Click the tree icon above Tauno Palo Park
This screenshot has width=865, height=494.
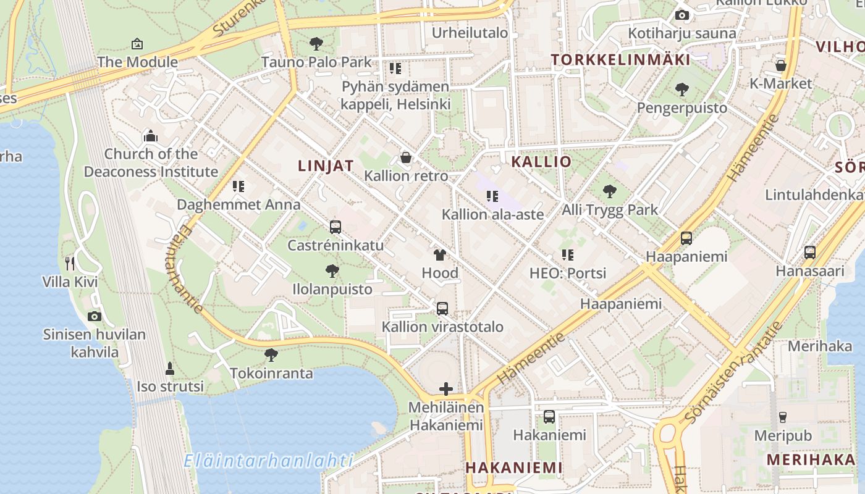click(x=316, y=44)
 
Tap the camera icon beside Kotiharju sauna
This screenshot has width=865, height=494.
click(x=682, y=15)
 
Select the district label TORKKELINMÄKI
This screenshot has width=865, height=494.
click(x=620, y=60)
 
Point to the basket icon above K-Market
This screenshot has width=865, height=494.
click(x=781, y=65)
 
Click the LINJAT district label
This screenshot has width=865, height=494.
click(x=326, y=165)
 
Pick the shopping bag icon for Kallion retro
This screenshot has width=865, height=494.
click(x=406, y=157)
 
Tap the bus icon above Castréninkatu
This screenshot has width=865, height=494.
click(x=335, y=227)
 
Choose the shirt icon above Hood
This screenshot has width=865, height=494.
click(x=440, y=254)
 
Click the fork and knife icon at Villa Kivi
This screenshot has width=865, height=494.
click(x=70, y=264)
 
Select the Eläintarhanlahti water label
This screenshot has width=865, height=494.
click(x=269, y=461)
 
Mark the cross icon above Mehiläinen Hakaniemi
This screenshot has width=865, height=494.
click(x=446, y=389)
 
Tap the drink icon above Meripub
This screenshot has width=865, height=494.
click(x=783, y=417)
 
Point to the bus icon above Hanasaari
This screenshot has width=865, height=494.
click(x=809, y=253)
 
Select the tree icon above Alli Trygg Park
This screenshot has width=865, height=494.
click(x=610, y=191)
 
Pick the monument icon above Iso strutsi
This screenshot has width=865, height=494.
click(x=170, y=369)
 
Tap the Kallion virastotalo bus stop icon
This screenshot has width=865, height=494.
click(x=442, y=309)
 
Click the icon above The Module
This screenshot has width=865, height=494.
click(x=137, y=44)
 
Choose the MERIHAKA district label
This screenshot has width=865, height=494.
click(x=811, y=459)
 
